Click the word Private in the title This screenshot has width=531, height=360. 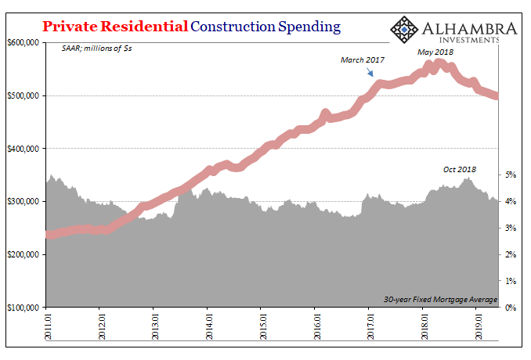pyautogui.click(x=70, y=27)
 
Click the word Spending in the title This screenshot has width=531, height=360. pyautogui.click(x=307, y=27)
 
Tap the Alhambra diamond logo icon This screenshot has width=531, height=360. pyautogui.click(x=405, y=29)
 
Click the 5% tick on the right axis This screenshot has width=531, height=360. pyautogui.click(x=510, y=175)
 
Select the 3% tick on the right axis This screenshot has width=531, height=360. pyautogui.click(x=510, y=228)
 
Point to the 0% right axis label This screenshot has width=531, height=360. pyautogui.click(x=510, y=308)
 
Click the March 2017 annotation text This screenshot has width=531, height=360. pyautogui.click(x=363, y=59)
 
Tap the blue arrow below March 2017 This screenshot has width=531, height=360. pyautogui.click(x=371, y=73)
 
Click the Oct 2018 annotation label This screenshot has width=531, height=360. pyautogui.click(x=459, y=169)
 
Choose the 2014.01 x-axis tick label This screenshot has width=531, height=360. pyautogui.click(x=208, y=324)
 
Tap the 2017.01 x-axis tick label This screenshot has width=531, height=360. pyautogui.click(x=370, y=324)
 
